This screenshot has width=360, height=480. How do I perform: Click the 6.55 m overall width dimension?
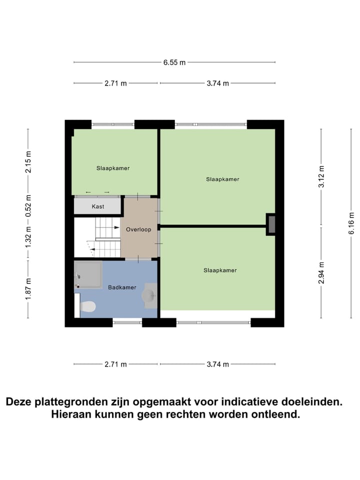click(174, 62)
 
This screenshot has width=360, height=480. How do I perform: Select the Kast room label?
click(98, 206)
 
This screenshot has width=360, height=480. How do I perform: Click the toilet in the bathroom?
click(87, 306)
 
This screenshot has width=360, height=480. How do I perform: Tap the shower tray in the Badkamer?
click(88, 274)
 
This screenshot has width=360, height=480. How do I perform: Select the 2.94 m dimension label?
click(322, 272)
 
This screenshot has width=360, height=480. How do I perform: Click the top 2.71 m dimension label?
click(116, 83)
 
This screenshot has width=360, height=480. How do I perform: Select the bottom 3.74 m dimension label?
click(217, 364)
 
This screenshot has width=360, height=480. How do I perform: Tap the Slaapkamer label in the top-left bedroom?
click(113, 168)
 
